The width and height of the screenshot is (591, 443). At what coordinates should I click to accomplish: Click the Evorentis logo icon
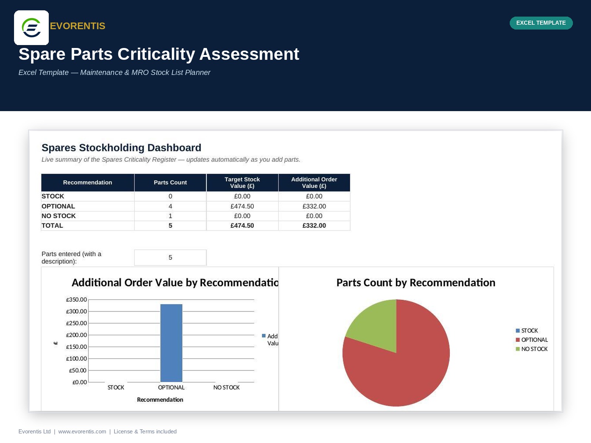[x=31, y=28]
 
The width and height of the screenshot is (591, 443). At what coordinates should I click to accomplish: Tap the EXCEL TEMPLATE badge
[x=541, y=23]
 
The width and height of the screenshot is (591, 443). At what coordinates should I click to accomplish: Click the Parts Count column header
[x=170, y=182]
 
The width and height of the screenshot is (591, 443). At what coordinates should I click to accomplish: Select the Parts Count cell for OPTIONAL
[x=170, y=206]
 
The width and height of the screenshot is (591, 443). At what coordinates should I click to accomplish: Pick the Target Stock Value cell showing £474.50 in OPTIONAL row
[x=242, y=206]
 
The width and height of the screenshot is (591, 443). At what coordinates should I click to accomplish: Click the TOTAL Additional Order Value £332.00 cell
[x=314, y=226]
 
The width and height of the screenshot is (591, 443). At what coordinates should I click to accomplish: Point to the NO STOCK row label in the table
[x=58, y=216]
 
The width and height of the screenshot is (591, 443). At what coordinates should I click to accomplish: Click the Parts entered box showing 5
[x=170, y=257]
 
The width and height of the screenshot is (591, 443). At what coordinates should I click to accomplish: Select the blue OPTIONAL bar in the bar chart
[x=171, y=343]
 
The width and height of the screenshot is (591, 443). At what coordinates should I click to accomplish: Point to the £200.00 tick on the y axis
[x=76, y=335]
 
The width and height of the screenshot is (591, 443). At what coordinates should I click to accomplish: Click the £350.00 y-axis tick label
[x=76, y=300]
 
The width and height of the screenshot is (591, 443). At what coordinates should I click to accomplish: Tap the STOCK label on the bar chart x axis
[x=116, y=387]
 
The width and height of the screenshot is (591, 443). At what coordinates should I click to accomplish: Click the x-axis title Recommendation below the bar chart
[x=160, y=400]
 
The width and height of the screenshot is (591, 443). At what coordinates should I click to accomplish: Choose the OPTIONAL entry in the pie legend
[x=532, y=340]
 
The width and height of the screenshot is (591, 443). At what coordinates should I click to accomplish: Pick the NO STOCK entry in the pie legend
[x=532, y=349]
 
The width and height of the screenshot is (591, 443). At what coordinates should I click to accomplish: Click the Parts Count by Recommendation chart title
[x=416, y=283]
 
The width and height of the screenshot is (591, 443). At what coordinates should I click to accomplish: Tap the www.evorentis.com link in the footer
[x=82, y=432]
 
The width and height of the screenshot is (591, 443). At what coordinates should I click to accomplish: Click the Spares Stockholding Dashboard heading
[x=121, y=148]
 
